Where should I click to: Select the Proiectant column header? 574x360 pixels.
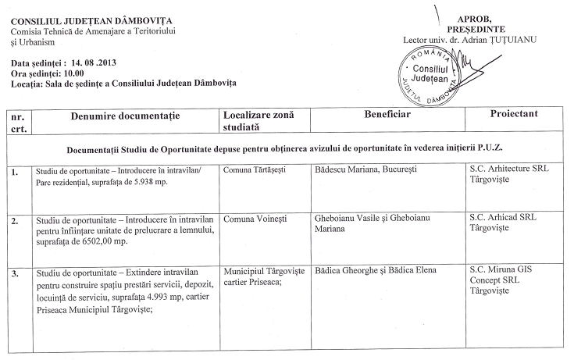[513, 114]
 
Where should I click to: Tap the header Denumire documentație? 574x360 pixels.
[125, 116]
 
